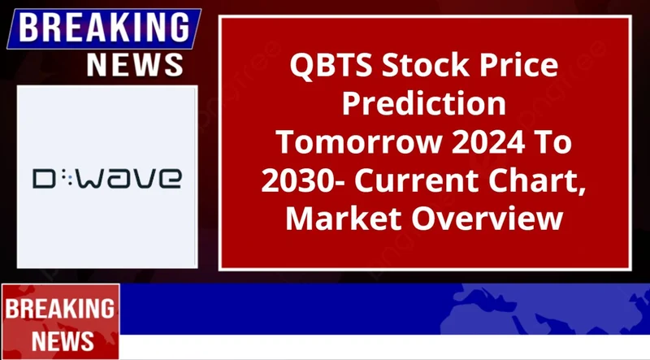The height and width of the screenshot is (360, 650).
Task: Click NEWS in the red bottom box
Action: pyautogui.click(x=60, y=338)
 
